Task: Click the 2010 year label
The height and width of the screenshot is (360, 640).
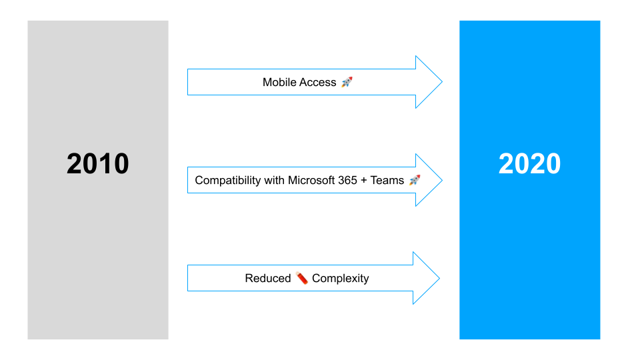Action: pyautogui.click(x=97, y=164)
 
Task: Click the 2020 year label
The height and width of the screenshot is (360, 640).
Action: pyautogui.click(x=529, y=164)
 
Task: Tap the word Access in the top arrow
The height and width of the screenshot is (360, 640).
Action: pyautogui.click(x=319, y=82)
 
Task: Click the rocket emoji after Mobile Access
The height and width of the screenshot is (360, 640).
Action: pyautogui.click(x=347, y=82)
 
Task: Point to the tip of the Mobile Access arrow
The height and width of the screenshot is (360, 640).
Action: pyautogui.click(x=441, y=82)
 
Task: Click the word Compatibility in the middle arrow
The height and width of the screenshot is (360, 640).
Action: pyautogui.click(x=227, y=180)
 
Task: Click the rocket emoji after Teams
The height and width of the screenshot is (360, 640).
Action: pyautogui.click(x=415, y=180)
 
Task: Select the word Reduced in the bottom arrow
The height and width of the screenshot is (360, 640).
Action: pyautogui.click(x=268, y=278)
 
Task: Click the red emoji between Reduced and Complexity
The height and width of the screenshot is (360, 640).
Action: pyautogui.click(x=302, y=278)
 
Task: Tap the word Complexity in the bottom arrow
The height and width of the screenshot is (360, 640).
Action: pyautogui.click(x=340, y=278)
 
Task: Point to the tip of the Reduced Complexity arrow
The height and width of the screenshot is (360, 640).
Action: pyautogui.click(x=438, y=278)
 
